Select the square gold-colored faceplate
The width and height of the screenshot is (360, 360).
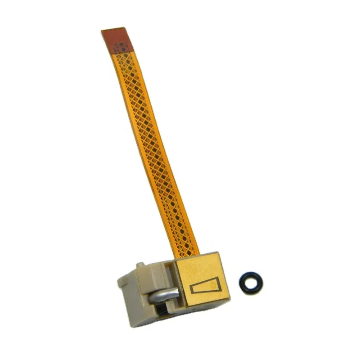click(202, 279)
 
